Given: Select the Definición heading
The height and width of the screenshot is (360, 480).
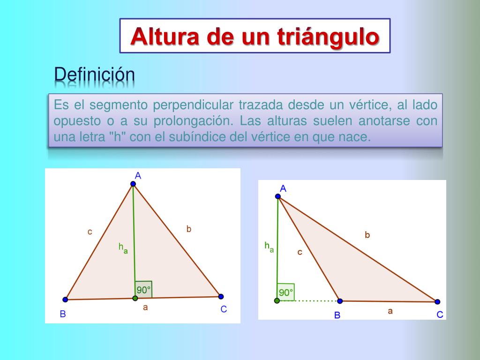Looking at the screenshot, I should pos(94,75).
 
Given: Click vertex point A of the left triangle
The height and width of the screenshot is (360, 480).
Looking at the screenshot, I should pos(133,184).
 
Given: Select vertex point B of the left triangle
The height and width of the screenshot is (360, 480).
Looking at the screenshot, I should pos(65,299).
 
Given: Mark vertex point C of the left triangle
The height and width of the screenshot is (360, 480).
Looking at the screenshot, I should pos(221,296).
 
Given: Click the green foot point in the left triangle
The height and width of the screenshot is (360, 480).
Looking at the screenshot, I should pos(135,298).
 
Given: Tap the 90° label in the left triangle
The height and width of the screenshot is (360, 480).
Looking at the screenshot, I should pos(143,290).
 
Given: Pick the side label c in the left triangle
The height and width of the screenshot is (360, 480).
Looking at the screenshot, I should pos(90,231).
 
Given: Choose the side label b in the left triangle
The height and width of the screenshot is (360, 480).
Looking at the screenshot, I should pos(188,229).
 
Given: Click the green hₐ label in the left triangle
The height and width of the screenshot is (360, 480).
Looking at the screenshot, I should pos(123,247).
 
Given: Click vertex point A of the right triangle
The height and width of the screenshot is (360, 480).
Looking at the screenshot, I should pos(278,196).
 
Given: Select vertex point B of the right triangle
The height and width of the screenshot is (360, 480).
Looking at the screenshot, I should pos(340,301).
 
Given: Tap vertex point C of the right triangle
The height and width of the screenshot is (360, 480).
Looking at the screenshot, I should pos(437,301).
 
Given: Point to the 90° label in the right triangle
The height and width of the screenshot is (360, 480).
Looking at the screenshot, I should pos(285,292).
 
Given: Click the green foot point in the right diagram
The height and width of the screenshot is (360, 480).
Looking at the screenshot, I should pos(277,300).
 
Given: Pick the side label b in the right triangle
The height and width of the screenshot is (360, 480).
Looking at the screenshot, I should pos(367,235).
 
